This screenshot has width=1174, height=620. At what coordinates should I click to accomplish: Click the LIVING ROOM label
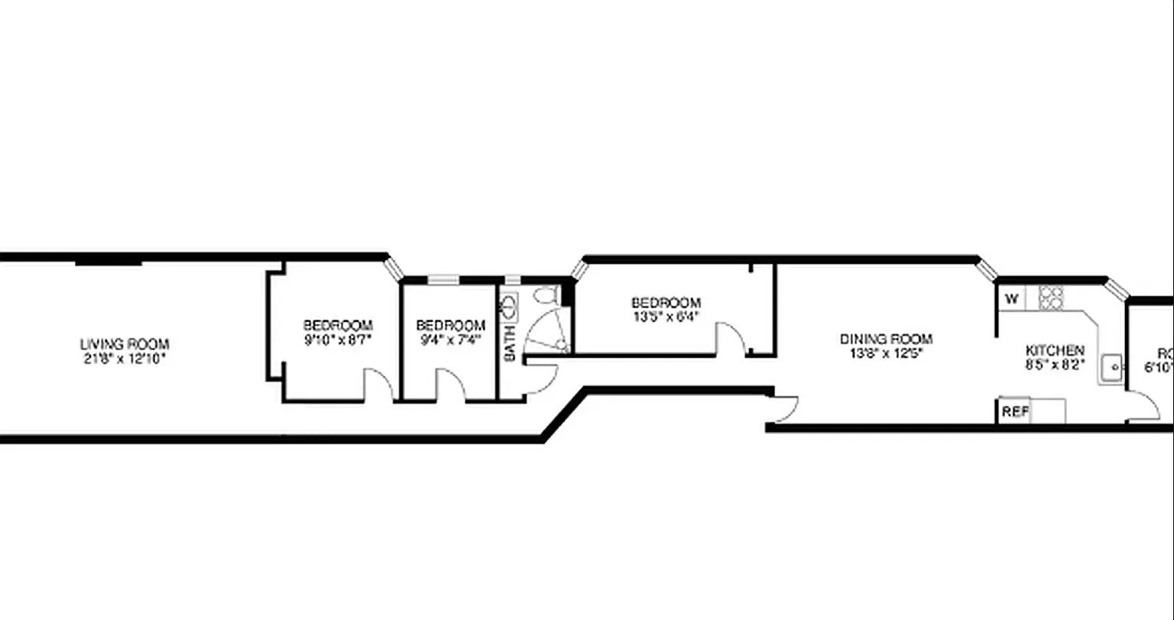click(125, 345)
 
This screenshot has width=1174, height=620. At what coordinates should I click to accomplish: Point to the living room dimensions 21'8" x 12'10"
click(125, 358)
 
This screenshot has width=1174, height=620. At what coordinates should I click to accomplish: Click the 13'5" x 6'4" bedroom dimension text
click(666, 316)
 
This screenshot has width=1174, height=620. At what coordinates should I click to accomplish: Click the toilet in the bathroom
click(545, 294)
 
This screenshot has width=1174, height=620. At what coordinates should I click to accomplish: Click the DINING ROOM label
click(886, 339)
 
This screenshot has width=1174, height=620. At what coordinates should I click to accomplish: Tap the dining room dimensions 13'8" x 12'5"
click(886, 353)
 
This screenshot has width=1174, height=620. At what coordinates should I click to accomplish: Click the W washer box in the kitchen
click(1012, 299)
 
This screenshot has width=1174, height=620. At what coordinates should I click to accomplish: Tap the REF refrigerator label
click(1015, 411)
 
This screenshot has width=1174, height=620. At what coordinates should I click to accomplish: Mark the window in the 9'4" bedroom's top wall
click(443, 280)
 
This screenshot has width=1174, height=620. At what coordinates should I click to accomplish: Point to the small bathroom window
click(513, 280)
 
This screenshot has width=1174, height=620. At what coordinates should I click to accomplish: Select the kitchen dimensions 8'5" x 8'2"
click(1055, 365)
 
